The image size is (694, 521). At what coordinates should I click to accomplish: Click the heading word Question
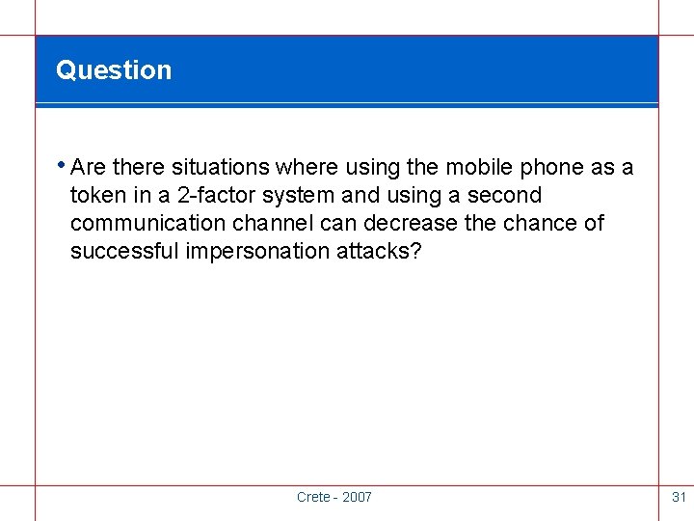click(x=114, y=70)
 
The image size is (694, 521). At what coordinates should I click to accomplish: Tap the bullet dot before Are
click(x=61, y=163)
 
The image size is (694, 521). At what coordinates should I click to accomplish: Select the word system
click(x=299, y=196)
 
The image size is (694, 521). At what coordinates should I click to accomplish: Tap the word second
click(x=506, y=196)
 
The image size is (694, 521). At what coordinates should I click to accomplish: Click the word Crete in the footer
click(x=312, y=497)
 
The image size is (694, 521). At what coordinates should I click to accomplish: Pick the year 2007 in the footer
click(x=356, y=497)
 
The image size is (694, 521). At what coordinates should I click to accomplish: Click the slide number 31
click(x=679, y=497)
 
